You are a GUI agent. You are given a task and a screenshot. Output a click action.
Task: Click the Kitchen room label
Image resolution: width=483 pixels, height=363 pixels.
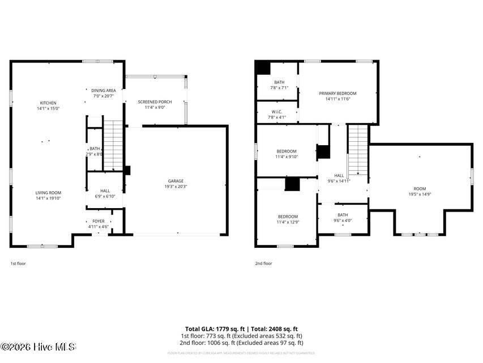(x=48, y=103)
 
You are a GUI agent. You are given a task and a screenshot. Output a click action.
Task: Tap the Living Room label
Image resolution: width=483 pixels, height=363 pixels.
(x=48, y=193)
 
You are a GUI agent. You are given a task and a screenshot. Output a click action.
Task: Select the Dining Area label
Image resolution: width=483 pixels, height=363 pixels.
(x=104, y=91)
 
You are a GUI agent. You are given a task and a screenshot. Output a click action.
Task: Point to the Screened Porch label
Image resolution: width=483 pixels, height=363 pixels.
(x=151, y=102)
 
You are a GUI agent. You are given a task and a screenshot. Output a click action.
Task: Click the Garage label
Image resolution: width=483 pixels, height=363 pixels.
(x=176, y=181)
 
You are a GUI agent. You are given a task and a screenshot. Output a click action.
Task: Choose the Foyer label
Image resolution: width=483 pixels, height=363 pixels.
(x=99, y=221)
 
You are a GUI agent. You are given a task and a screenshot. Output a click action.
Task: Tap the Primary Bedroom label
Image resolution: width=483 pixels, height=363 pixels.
(x=337, y=93)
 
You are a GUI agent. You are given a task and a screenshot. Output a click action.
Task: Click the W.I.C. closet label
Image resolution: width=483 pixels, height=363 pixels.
(x=277, y=111)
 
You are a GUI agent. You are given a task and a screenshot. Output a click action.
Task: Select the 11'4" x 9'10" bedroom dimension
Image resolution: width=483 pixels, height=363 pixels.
(x=287, y=157)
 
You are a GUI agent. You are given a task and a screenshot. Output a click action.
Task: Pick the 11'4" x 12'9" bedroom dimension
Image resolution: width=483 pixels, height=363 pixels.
(x=287, y=222)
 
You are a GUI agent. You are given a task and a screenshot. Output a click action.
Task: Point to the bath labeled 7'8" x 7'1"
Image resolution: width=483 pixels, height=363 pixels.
(x=279, y=88)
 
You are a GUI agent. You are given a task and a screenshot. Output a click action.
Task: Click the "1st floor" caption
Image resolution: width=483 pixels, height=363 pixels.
(x=18, y=263)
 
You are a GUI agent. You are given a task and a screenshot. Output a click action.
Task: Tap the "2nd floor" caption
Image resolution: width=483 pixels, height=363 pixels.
(x=264, y=263)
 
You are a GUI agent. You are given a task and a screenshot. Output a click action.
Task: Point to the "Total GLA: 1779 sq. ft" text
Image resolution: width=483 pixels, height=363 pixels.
(x=215, y=328)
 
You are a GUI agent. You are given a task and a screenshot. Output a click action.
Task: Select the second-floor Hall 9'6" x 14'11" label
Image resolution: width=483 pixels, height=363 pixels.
(x=339, y=179)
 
